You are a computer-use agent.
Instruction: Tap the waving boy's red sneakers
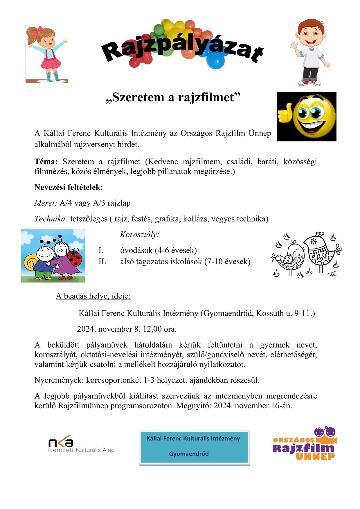(x=309, y=82)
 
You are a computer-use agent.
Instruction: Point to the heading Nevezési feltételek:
(x=69, y=187)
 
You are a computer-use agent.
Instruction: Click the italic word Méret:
(x=46, y=203)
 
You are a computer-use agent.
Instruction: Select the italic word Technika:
(x=51, y=219)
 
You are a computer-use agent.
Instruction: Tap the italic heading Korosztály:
(x=140, y=234)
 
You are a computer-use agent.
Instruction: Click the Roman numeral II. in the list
(x=102, y=262)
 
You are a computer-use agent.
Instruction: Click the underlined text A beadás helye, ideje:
(x=93, y=296)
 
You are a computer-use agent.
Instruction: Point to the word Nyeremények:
(x=59, y=380)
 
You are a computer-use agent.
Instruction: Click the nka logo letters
(x=61, y=442)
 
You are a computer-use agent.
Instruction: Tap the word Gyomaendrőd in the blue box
(x=189, y=454)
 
